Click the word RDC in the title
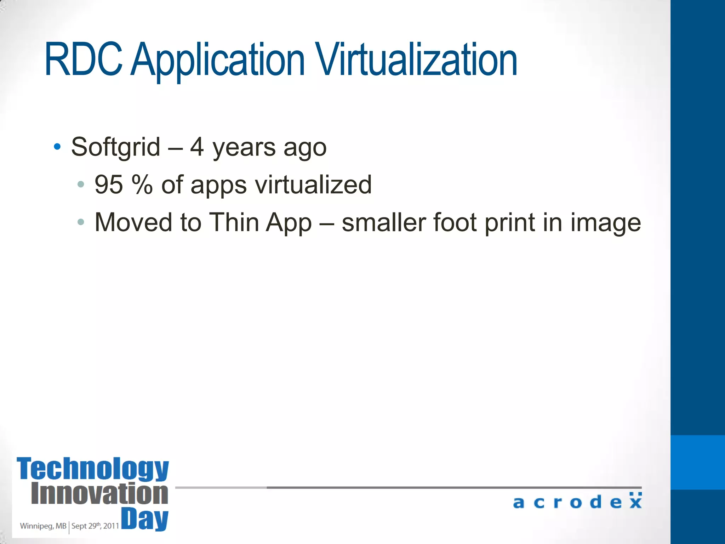84,59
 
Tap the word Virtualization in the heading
417,59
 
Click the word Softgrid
116,147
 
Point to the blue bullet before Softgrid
57,146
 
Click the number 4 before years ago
197,147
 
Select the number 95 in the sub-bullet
109,185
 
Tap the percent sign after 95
142,185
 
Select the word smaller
383,222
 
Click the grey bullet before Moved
81,222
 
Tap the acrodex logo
577,501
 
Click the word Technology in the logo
93,469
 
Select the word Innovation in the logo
99,494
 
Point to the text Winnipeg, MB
43,526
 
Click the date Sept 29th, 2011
95,526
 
